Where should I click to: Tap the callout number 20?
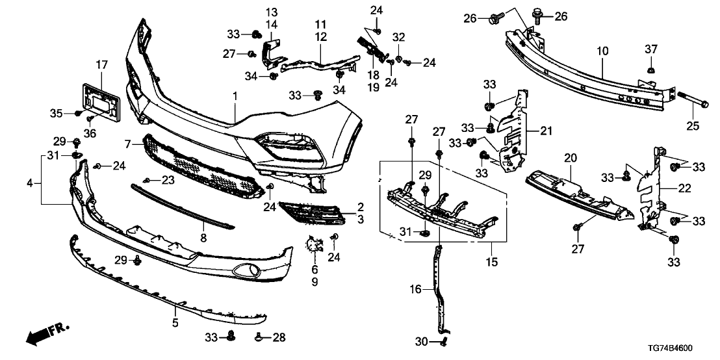[571, 157]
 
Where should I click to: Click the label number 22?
[684, 188]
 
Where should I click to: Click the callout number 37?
[651, 50]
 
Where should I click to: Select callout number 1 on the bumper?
[235, 96]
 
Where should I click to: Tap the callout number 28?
[279, 337]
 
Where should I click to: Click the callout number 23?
[168, 180]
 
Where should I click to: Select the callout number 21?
[545, 131]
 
